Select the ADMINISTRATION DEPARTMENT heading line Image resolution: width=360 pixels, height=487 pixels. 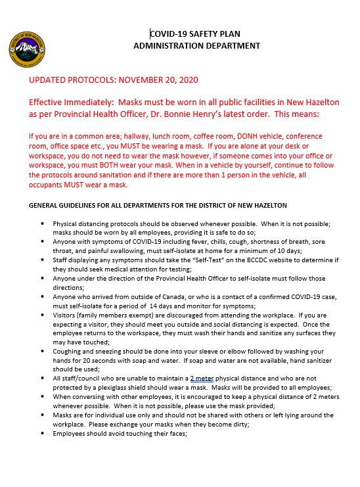pos(196,45)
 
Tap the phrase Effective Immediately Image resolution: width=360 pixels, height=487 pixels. pos(68,103)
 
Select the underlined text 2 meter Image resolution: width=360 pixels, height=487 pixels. pos(203,379)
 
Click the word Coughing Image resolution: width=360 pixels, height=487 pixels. pos(70,351)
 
